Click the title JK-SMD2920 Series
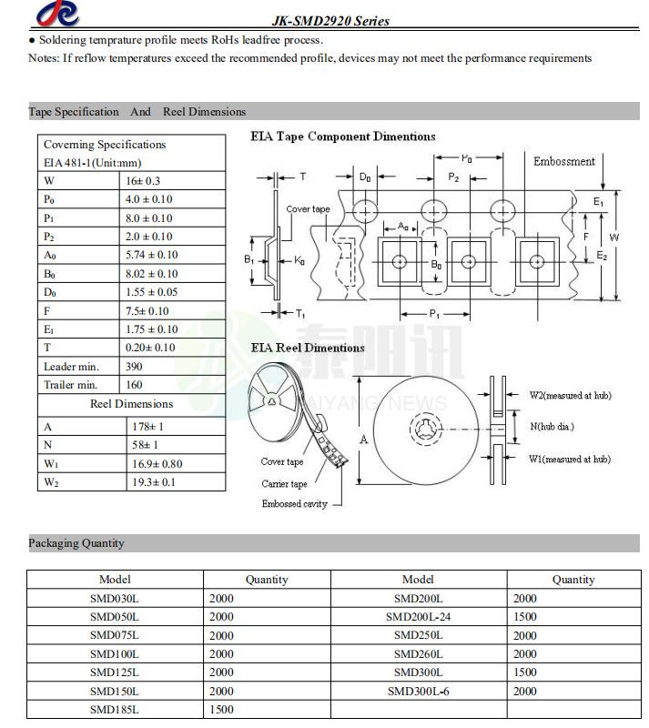(x=330, y=21)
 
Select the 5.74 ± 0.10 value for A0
(x=151, y=255)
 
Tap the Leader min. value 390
(x=135, y=366)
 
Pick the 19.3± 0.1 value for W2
(x=154, y=481)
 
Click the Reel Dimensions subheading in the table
(x=131, y=403)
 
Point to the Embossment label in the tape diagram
(x=563, y=161)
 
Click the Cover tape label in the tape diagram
(x=308, y=209)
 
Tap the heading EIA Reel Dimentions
(x=308, y=348)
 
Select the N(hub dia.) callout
(x=552, y=426)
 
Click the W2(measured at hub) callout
(x=570, y=396)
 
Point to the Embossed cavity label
(x=295, y=504)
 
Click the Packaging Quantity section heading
(x=76, y=543)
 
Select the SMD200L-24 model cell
(x=418, y=616)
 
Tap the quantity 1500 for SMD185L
(x=221, y=709)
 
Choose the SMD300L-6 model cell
(x=418, y=691)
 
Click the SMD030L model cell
(x=115, y=598)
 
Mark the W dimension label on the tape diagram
(x=615, y=238)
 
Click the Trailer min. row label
(x=70, y=385)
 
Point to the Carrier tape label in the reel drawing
(x=284, y=484)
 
